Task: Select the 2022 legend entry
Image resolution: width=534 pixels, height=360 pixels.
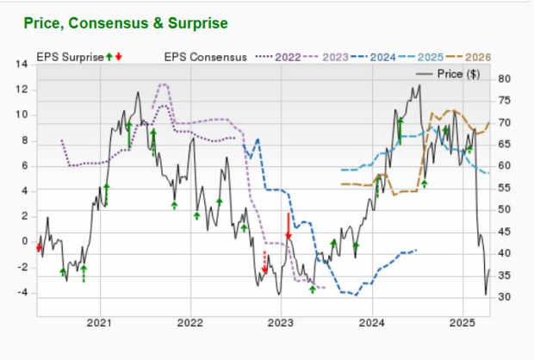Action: (289, 57)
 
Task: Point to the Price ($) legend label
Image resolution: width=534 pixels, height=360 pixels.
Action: (459, 75)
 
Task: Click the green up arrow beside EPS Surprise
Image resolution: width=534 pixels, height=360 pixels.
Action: (109, 57)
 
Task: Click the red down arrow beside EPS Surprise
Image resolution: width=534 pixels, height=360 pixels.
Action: (119, 57)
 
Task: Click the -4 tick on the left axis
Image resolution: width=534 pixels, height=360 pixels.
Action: (21, 293)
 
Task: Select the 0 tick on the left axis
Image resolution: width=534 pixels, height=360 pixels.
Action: (24, 242)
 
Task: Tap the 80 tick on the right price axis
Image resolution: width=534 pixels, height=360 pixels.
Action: (505, 79)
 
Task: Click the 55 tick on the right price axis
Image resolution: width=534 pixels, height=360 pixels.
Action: (505, 188)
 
